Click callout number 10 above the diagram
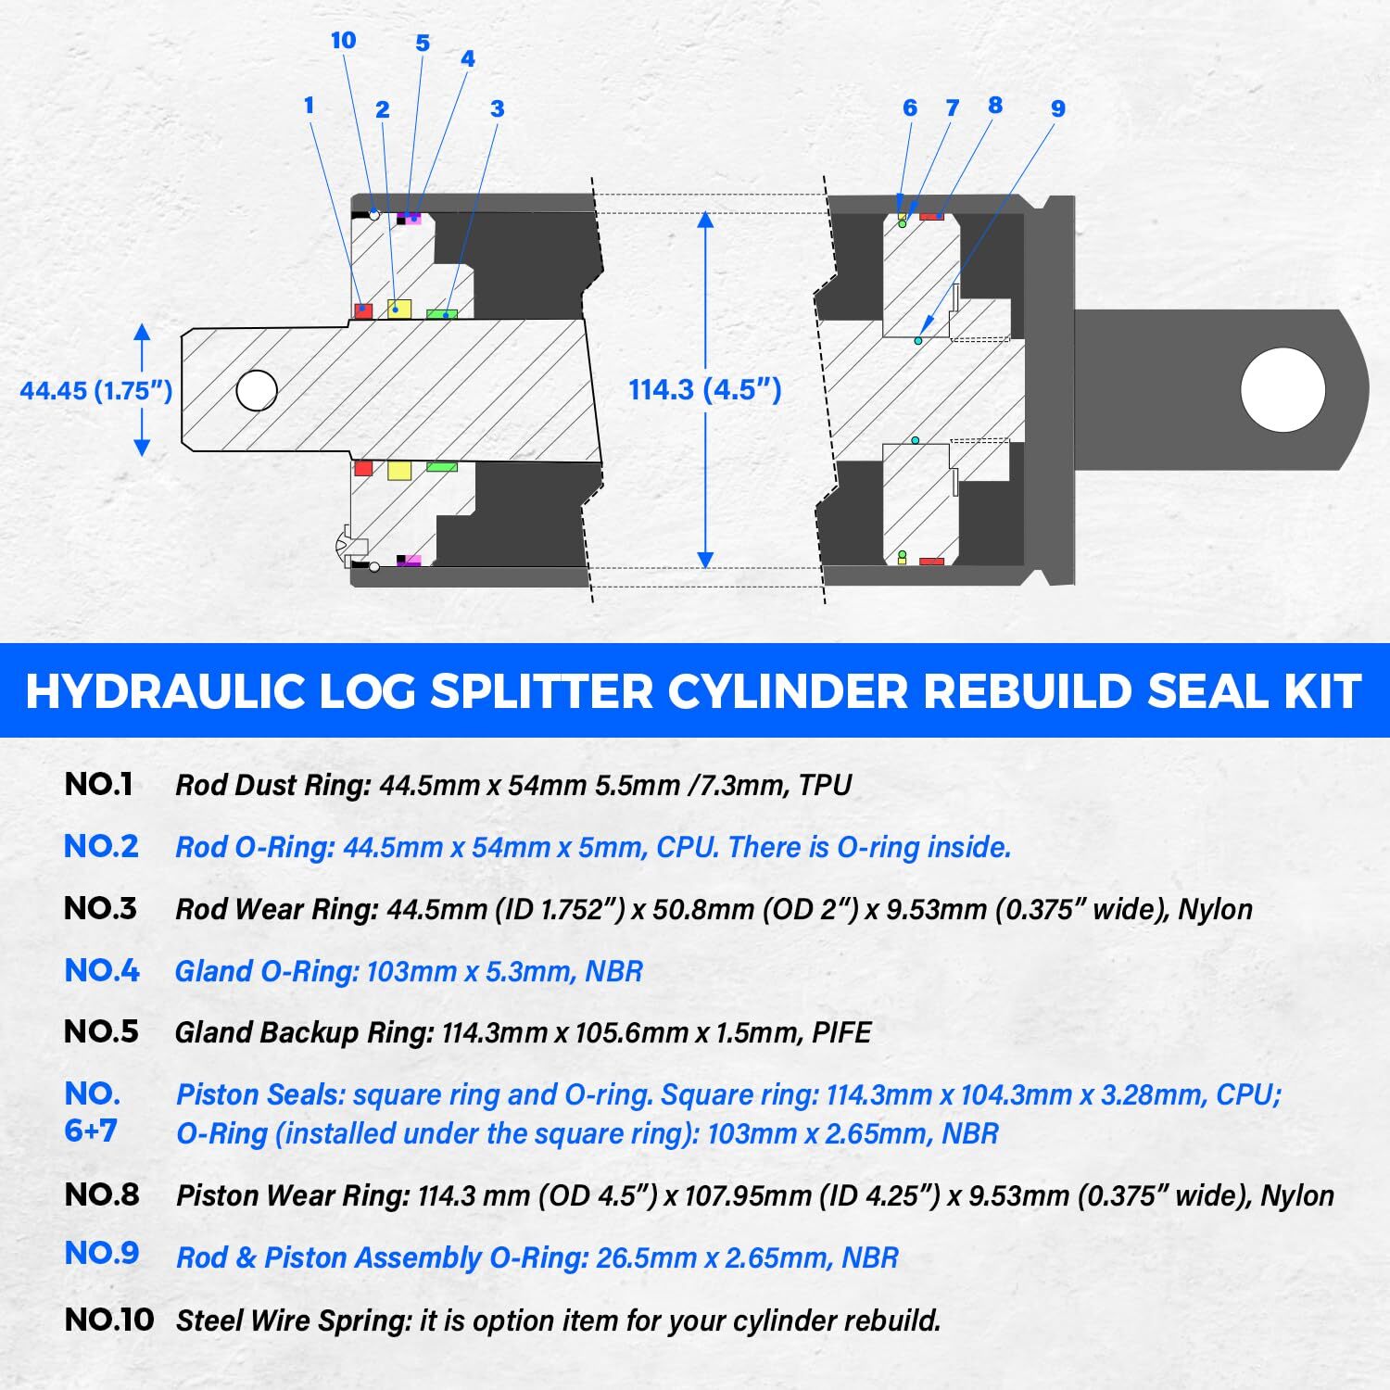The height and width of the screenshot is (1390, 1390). point(343,41)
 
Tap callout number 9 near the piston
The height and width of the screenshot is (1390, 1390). point(1057,108)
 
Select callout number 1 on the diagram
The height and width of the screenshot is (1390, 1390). point(310,106)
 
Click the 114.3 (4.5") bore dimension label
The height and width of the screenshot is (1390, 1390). point(705,389)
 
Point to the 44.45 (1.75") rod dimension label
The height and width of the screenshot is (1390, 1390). point(96,390)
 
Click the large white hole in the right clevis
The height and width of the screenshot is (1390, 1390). point(1283,389)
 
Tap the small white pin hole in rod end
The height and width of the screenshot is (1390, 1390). point(257,390)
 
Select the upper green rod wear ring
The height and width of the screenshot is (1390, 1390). point(441,314)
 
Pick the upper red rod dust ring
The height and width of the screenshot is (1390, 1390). point(363,310)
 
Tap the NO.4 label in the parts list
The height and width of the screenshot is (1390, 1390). point(102,970)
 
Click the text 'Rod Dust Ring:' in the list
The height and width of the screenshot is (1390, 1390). point(273,786)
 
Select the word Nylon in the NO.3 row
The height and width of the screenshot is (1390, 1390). point(1215,909)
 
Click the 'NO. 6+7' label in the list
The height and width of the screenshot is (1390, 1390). point(93,1112)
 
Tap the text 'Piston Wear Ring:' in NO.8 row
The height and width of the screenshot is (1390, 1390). point(293,1195)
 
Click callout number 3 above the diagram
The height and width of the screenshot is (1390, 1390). point(497,108)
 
